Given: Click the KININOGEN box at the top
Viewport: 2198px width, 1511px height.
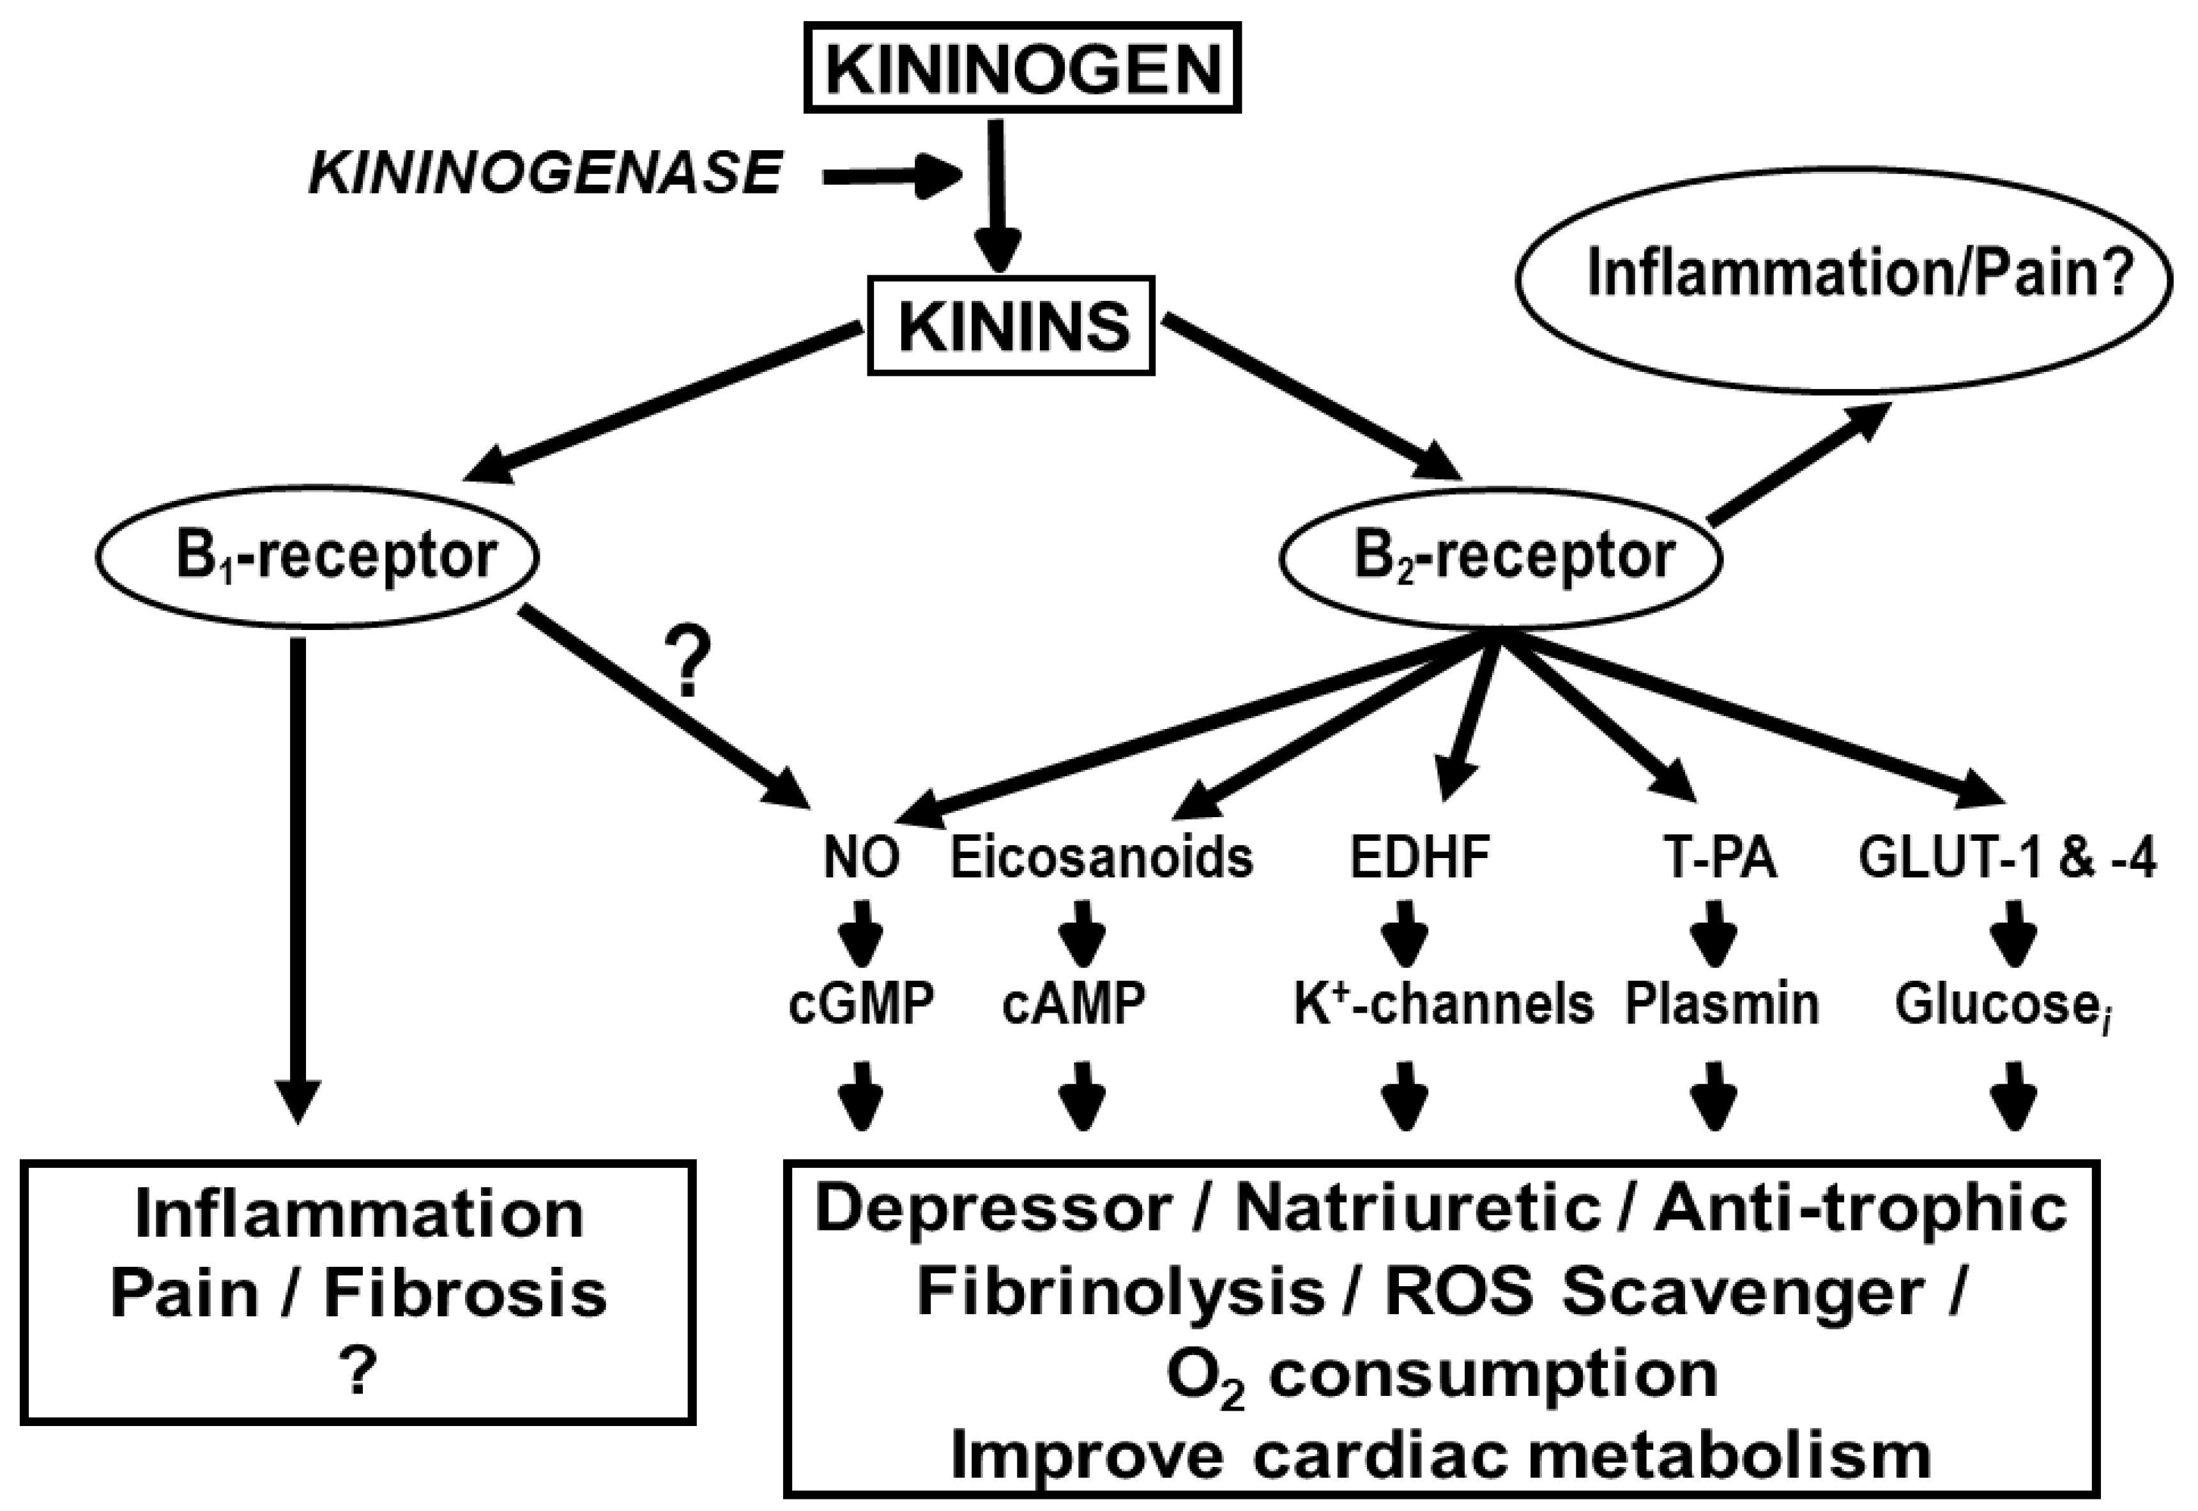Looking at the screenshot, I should click(1021, 68).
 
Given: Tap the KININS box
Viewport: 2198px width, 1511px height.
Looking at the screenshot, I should click(1011, 326).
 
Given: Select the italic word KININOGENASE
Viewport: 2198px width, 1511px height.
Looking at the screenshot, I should click(546, 175).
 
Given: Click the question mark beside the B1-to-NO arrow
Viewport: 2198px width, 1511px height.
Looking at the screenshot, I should click(690, 663).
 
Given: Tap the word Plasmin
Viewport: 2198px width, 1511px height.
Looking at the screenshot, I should click(1722, 1004).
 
